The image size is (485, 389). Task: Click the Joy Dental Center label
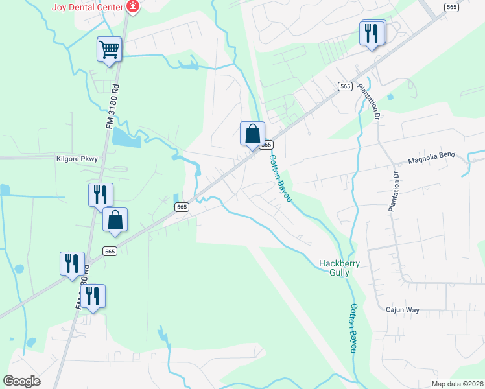point(88,8)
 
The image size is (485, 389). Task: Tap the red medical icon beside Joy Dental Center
point(133,7)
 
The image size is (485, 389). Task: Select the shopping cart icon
point(109,49)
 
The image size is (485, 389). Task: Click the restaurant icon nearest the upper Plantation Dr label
point(372,33)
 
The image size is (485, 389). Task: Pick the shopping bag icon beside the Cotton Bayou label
point(252,134)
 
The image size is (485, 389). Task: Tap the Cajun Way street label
point(402,311)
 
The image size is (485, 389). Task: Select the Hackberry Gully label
point(339,268)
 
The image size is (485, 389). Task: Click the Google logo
point(22,381)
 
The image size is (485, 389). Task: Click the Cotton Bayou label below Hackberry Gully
point(353,329)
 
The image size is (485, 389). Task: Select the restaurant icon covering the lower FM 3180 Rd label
point(93,296)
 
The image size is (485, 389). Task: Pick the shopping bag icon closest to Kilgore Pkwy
point(115,220)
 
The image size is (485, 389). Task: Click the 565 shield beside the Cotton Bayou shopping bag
point(266,145)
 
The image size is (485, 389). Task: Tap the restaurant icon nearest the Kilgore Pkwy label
point(101,194)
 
